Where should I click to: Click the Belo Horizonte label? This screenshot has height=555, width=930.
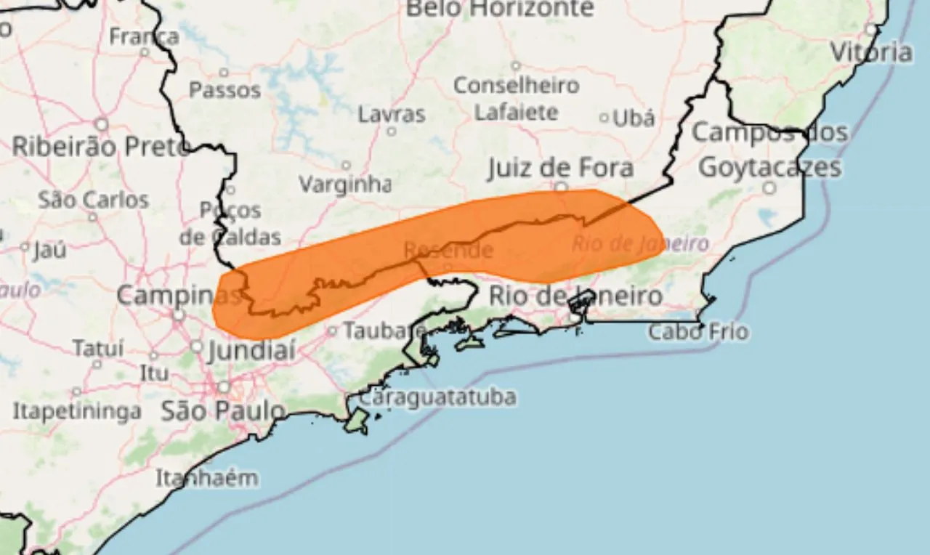499,9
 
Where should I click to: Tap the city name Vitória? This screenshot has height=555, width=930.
871,52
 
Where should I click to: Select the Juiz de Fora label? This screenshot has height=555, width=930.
560,169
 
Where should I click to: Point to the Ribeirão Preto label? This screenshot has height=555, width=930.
100,147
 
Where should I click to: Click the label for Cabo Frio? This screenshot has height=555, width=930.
698,333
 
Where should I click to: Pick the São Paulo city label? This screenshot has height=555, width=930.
222,411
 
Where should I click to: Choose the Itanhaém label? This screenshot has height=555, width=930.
207,478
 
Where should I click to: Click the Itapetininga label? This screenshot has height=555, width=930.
77,411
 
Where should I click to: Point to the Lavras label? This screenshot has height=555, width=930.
392,115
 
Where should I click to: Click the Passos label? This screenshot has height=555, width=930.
225,90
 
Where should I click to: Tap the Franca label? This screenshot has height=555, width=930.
144,36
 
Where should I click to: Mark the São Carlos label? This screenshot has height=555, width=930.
93,200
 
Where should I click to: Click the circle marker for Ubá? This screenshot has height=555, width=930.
604,118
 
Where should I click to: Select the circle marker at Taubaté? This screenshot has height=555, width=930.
332,331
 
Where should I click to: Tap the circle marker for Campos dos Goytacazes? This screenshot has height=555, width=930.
769,188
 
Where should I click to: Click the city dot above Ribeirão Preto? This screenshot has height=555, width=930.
102,124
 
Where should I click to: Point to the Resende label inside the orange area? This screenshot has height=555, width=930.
448,251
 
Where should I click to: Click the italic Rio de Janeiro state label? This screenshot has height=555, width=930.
639,244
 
